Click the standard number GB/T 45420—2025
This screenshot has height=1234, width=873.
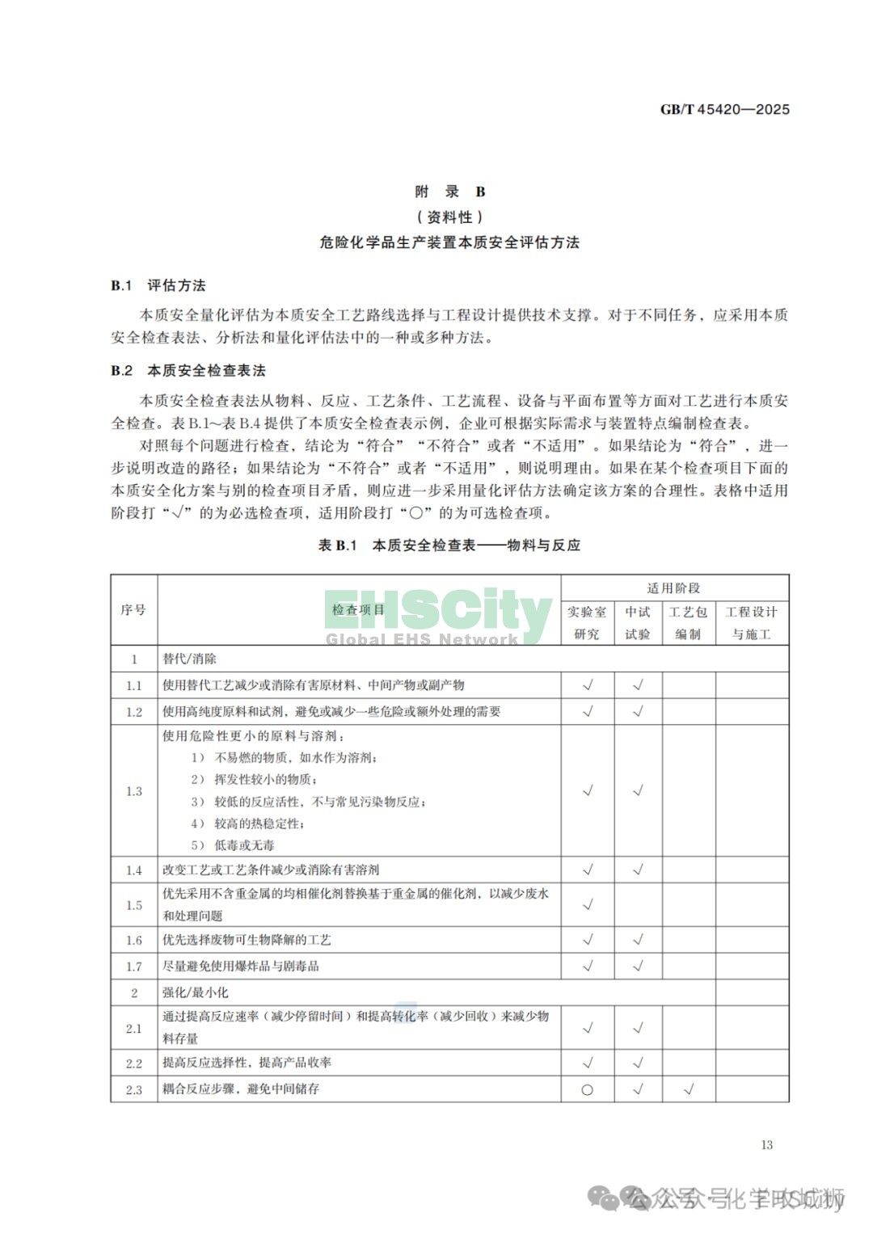pyautogui.click(x=724, y=109)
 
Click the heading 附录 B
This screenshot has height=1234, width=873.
pyautogui.click(x=449, y=192)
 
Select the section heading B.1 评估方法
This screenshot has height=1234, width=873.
pyautogui.click(x=158, y=285)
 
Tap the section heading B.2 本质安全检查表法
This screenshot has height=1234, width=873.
pyautogui.click(x=188, y=371)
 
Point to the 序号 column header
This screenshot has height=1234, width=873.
pyautogui.click(x=133, y=609)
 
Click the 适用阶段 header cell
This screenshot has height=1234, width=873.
pyautogui.click(x=674, y=588)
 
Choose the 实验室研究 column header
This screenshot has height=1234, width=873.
pyautogui.click(x=587, y=622)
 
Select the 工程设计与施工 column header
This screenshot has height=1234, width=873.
pyautogui.click(x=751, y=622)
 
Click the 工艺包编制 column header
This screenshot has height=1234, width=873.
pyautogui.click(x=688, y=622)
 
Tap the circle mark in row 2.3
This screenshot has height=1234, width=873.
pyautogui.click(x=588, y=1089)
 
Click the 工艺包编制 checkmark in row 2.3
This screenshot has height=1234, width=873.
pyautogui.click(x=688, y=1089)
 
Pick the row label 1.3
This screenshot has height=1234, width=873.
pyautogui.click(x=133, y=791)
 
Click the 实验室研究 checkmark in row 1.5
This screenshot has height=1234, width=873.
pyautogui.click(x=588, y=904)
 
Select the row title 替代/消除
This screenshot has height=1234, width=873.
pyautogui.click(x=189, y=659)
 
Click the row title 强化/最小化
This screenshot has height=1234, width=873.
pyautogui.click(x=195, y=992)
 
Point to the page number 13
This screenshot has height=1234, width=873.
pyautogui.click(x=766, y=1144)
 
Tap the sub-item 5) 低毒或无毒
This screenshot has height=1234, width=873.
pyautogui.click(x=233, y=845)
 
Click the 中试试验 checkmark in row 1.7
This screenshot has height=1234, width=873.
pyautogui.click(x=638, y=966)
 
